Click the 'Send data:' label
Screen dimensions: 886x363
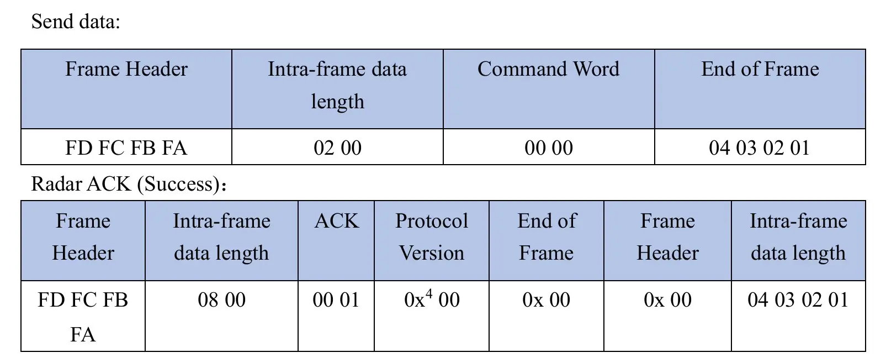coord(76,21)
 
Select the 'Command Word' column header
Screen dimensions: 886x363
coord(548,69)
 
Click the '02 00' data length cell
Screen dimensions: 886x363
coord(337,148)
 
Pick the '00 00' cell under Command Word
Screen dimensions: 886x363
coord(549,148)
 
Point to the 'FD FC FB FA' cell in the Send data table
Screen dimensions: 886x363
coord(126,148)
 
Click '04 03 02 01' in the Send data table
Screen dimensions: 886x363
coord(760,148)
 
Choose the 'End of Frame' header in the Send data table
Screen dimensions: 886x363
coord(760,69)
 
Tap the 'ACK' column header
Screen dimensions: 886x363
coord(336,220)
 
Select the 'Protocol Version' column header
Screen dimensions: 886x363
coord(432,236)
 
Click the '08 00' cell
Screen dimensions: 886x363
coord(221,299)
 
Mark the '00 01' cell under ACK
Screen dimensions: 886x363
coord(336,299)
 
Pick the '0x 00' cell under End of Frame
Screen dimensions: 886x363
coord(547,299)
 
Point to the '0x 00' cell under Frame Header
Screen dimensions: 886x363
coord(667,299)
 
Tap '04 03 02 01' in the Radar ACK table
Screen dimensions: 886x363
coord(798,299)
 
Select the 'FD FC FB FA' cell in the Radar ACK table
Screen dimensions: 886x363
coord(83,317)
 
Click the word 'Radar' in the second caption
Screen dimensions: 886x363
coord(55,184)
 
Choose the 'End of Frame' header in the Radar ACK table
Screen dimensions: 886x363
coord(547,236)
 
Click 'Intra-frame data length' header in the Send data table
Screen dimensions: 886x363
coord(337,85)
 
